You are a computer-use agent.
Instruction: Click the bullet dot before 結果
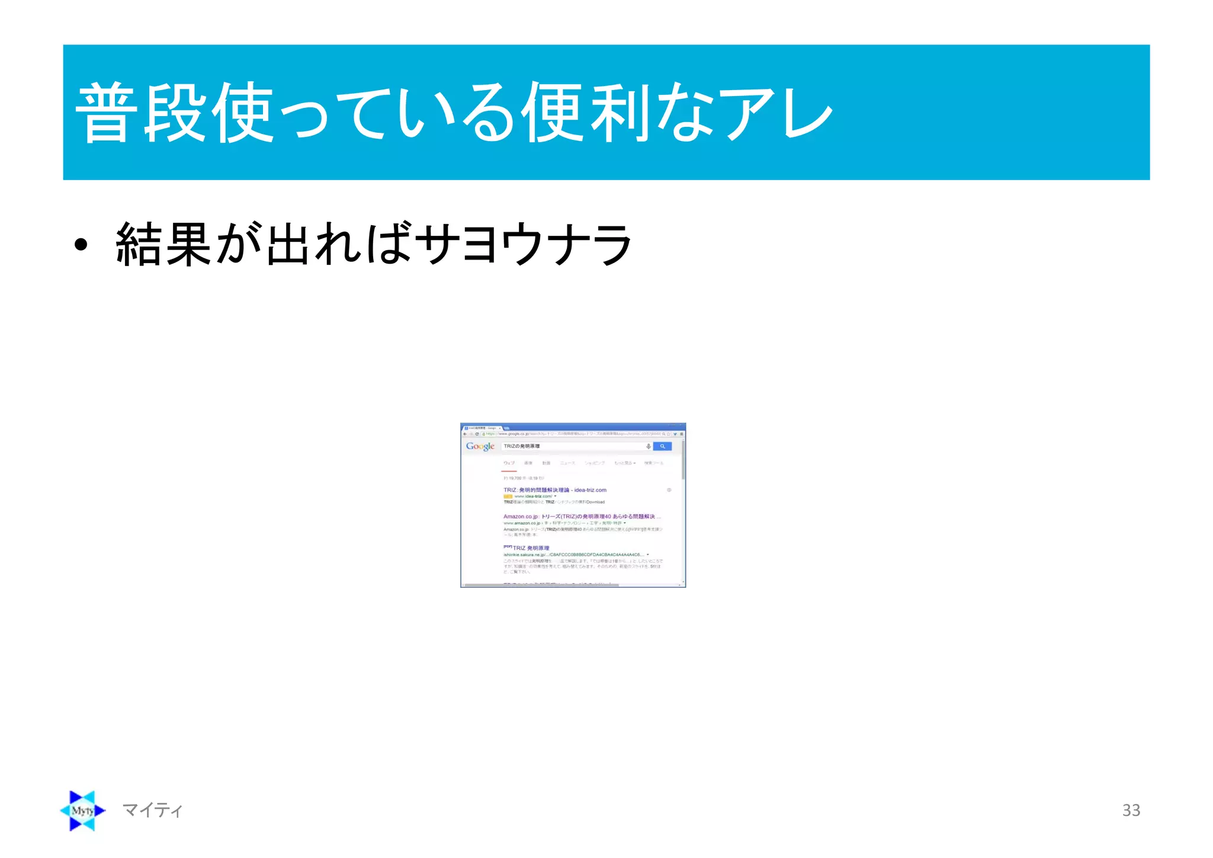(81, 245)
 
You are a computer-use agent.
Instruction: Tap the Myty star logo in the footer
(83, 811)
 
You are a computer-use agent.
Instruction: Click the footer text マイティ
(152, 810)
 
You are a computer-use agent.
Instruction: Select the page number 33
(1131, 810)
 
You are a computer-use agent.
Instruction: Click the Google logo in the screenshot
(480, 447)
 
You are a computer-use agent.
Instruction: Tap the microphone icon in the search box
(649, 446)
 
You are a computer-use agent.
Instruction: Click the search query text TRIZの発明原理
(522, 446)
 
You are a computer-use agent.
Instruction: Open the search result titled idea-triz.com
(554, 490)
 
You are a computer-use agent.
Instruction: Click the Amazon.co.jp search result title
(580, 517)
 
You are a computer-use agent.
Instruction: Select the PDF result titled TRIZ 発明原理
(531, 548)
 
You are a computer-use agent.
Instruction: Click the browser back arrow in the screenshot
(465, 434)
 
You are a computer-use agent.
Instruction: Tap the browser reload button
(477, 434)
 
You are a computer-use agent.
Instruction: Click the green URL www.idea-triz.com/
(533, 497)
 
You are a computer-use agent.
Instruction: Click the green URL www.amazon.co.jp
(521, 523)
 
